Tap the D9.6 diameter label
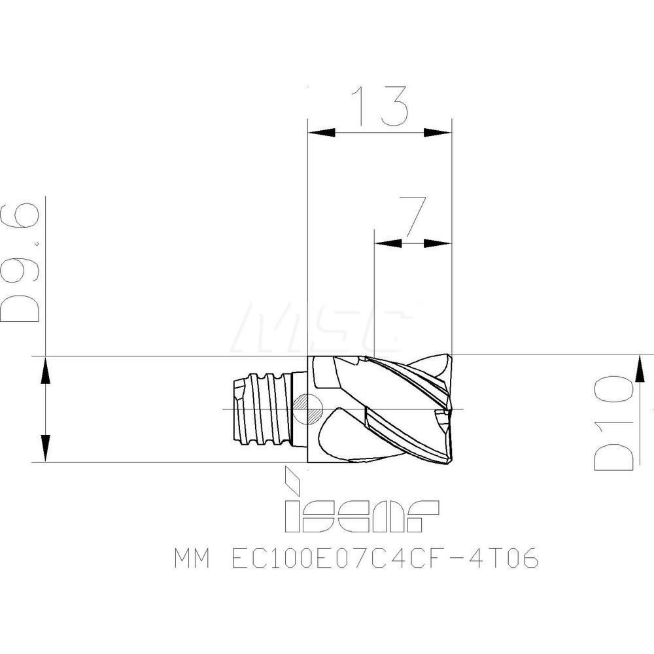click(23, 262)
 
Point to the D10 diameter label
click(615, 422)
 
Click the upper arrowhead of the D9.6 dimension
click(44, 370)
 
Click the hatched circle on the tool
click(307, 409)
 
